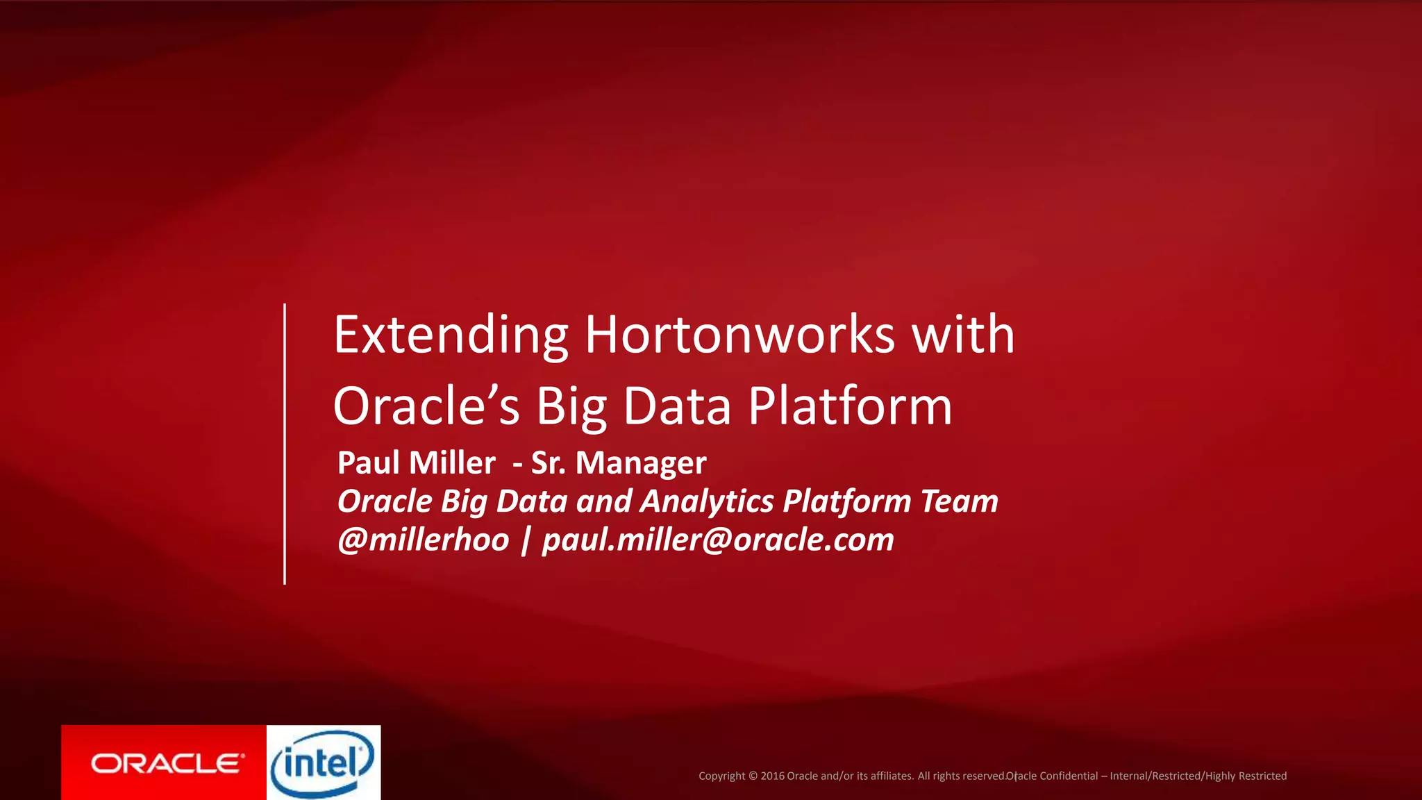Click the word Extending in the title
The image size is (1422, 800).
pyautogui.click(x=451, y=335)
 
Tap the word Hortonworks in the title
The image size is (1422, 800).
pyautogui.click(x=739, y=335)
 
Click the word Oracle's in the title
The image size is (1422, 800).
pyautogui.click(x=426, y=407)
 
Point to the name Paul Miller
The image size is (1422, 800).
pyautogui.click(x=416, y=463)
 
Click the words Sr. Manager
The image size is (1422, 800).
pyautogui.click(x=619, y=463)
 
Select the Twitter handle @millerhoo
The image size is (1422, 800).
pyautogui.click(x=423, y=540)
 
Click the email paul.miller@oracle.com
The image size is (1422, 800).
pyautogui.click(x=718, y=540)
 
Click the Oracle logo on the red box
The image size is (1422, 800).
pyautogui.click(x=167, y=764)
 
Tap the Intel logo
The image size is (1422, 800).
pyautogui.click(x=323, y=763)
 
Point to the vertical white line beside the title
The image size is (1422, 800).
pyautogui.click(x=285, y=444)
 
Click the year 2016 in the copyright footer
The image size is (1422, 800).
pyautogui.click(x=772, y=776)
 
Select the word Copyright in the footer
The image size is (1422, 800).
pyautogui.click(x=721, y=776)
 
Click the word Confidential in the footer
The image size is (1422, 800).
pyautogui.click(x=1069, y=776)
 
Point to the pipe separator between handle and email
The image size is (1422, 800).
pyautogui.click(x=525, y=540)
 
